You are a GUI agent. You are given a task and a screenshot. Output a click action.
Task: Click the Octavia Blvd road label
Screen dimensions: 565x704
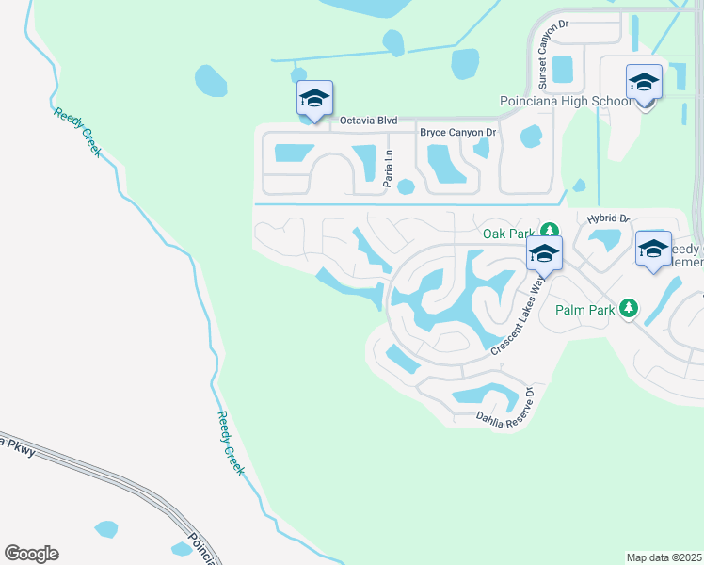[369, 121]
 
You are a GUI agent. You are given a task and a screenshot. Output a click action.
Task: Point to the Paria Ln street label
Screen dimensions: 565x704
[387, 170]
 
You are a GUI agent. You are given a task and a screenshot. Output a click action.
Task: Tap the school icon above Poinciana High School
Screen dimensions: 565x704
[644, 83]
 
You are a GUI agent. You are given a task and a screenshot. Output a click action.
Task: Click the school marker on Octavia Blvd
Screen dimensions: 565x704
[314, 98]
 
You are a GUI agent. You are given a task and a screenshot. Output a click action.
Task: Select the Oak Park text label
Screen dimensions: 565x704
[508, 233]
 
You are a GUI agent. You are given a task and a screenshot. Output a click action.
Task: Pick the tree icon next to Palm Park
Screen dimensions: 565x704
[632, 308]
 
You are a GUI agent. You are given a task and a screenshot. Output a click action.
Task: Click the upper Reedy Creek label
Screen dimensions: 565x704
[77, 132]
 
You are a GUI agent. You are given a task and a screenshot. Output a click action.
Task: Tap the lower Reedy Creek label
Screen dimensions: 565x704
[232, 443]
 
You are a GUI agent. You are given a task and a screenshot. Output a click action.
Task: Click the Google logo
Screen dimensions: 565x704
[31, 554]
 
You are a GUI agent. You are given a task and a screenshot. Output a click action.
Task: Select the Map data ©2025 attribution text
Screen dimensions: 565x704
[664, 557]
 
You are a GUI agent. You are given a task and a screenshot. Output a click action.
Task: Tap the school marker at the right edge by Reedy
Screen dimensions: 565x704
[653, 249]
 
